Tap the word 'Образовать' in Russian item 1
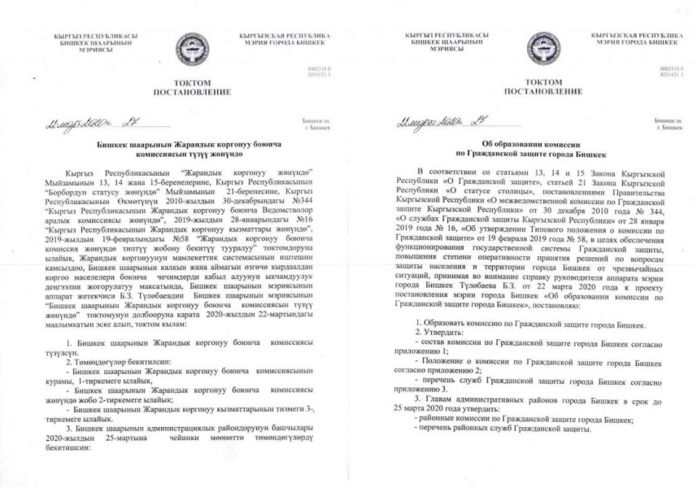click(x=443, y=324)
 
